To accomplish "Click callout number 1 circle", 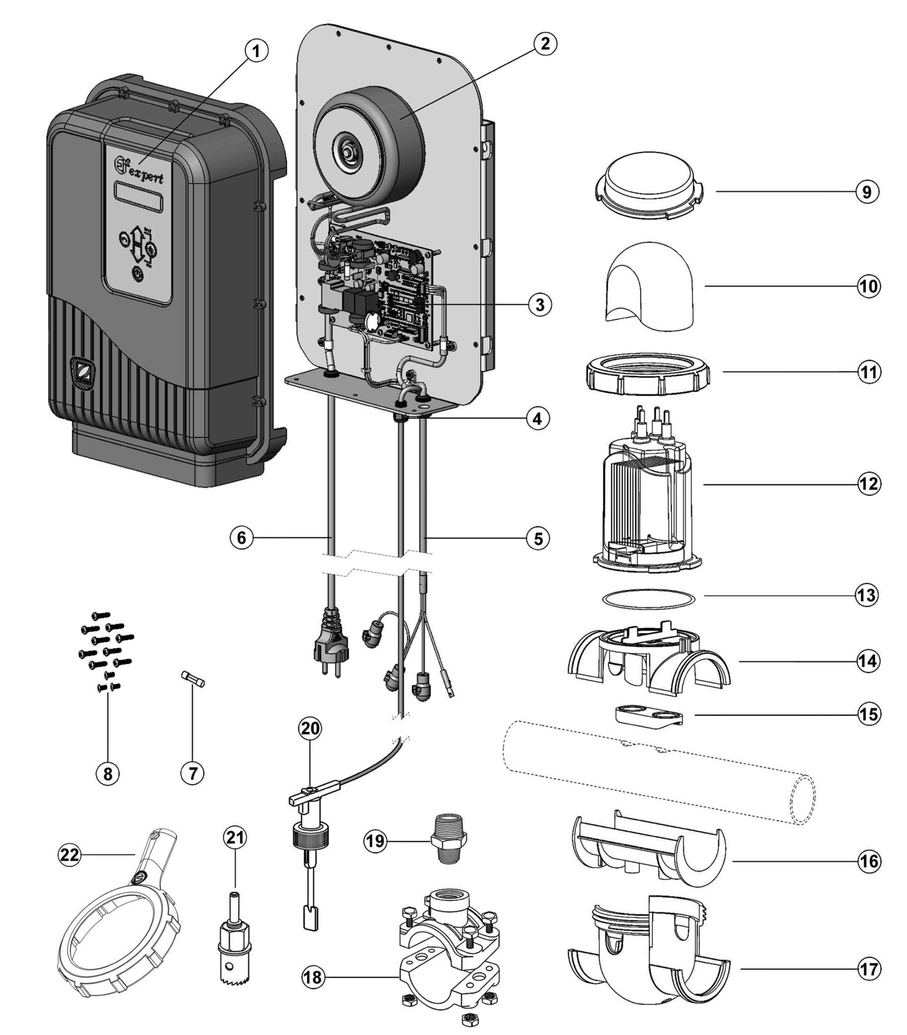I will (x=257, y=52).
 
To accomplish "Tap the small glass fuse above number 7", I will (x=193, y=679).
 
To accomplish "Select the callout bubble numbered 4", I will (x=537, y=419).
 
